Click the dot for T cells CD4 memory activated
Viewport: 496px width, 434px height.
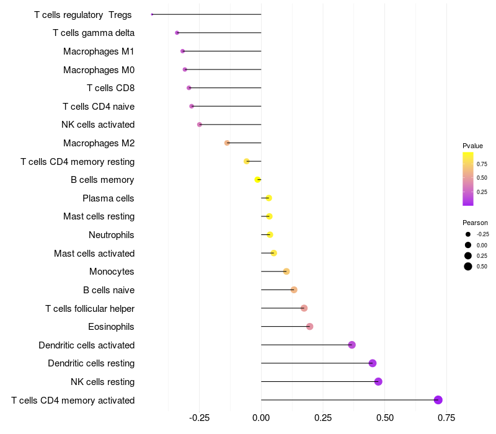point(438,400)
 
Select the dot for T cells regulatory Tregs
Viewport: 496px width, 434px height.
point(152,14)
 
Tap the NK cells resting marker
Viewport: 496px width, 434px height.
point(378,381)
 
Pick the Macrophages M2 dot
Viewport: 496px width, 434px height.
point(227,143)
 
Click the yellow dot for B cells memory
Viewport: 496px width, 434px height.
point(257,180)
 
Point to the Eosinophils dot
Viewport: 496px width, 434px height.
point(309,327)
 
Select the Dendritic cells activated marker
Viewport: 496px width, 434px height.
point(352,345)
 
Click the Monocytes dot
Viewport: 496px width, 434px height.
point(286,272)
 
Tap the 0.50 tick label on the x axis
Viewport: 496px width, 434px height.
point(385,418)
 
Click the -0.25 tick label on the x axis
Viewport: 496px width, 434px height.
point(199,418)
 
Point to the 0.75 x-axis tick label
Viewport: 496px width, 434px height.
point(446,418)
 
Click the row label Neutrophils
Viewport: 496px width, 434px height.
point(112,235)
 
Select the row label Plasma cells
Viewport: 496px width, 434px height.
point(108,198)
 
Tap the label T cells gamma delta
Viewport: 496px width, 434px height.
point(94,33)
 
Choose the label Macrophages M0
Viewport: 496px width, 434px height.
point(99,69)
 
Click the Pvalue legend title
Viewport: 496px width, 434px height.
point(472,146)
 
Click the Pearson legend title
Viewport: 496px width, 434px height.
point(475,223)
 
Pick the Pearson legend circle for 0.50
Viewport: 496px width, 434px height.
point(468,267)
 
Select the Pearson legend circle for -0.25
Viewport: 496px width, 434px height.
point(468,234)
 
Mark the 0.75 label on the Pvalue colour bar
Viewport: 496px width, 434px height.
point(482,164)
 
